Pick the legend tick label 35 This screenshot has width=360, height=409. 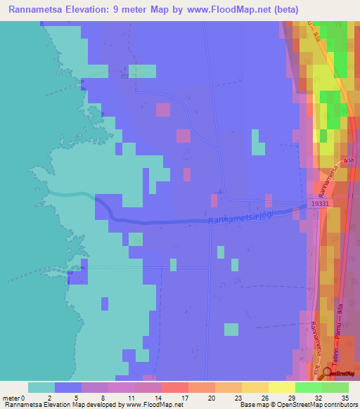click(x=344, y=397)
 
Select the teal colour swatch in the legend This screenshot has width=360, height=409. click(x=41, y=387)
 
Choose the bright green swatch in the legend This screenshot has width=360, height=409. click(x=309, y=387)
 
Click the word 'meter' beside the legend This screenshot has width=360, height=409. click(x=10, y=397)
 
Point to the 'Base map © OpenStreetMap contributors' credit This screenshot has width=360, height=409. click(x=298, y=404)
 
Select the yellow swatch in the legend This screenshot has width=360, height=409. click(x=255, y=387)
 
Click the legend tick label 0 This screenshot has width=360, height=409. click(x=23, y=397)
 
